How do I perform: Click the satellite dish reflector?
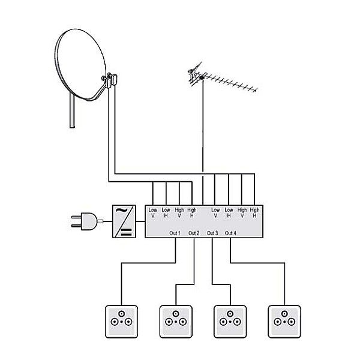coord(80,64)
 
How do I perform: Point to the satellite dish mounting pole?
coord(72,110)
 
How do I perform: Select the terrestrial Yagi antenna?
coord(222,77)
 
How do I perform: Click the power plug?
coord(86,221)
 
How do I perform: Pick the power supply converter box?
coord(124,221)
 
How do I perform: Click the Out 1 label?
coord(175,233)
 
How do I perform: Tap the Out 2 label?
coord(194,233)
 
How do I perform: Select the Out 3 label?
coord(212,233)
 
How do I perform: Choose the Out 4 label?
coord(230,233)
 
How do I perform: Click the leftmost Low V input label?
coord(152,212)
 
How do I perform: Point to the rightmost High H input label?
coord(254,212)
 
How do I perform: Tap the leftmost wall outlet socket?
coord(121,322)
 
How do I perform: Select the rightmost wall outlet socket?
coord(284,322)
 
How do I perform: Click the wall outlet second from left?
coord(176,322)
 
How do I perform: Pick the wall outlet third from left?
coord(230,322)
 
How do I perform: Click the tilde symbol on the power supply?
coord(121,211)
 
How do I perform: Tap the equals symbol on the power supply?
coord(126,232)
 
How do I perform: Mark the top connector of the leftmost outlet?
coord(121,314)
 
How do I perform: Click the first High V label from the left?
coord(179,212)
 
